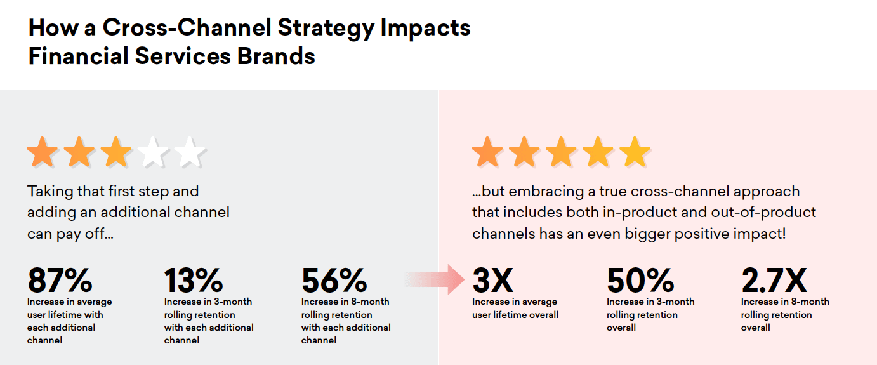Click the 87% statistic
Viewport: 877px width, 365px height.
click(x=60, y=280)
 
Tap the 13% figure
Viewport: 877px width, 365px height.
click(x=194, y=280)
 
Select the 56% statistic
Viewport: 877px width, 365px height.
click(x=334, y=280)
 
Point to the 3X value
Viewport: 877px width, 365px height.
click(x=492, y=280)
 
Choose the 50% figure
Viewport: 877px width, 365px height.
click(x=640, y=280)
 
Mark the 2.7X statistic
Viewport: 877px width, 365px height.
click(x=774, y=280)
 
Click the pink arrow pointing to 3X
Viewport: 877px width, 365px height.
click(x=435, y=280)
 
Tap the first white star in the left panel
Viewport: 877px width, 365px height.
click(x=153, y=152)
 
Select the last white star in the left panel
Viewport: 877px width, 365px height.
click(x=190, y=152)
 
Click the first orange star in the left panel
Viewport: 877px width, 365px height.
click(x=43, y=152)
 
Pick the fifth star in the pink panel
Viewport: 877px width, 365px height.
click(x=635, y=152)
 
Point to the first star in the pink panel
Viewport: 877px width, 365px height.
click(x=487, y=152)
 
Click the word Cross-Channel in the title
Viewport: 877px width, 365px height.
click(x=187, y=27)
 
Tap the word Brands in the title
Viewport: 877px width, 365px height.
click(x=276, y=56)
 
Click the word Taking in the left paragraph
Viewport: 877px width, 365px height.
click(x=50, y=192)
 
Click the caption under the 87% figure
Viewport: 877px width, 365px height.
click(x=69, y=321)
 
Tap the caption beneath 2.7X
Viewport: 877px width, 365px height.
click(x=785, y=314)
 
